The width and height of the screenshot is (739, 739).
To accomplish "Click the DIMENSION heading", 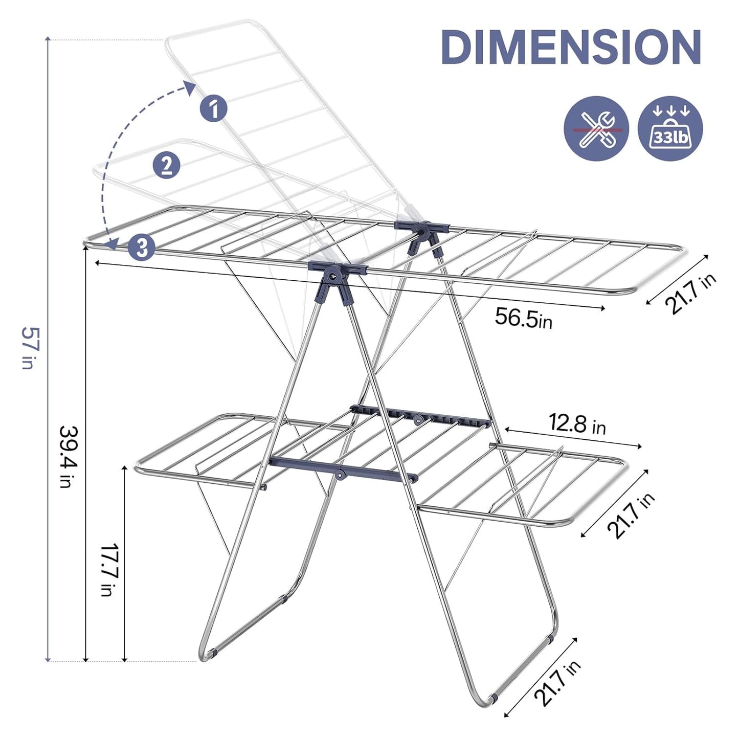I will (570, 47).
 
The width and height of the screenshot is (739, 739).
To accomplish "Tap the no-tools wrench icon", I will (596, 129).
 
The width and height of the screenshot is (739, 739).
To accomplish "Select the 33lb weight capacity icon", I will (670, 129).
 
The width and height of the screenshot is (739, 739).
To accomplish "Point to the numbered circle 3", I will (142, 248).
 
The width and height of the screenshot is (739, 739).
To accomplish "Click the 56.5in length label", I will (523, 319).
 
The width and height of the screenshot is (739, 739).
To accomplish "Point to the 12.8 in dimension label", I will (577, 424).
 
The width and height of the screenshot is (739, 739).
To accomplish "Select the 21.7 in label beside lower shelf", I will (631, 516).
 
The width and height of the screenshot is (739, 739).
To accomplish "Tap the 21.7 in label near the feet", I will (557, 682).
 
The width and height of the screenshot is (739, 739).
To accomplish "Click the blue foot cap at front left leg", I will (213, 653).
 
